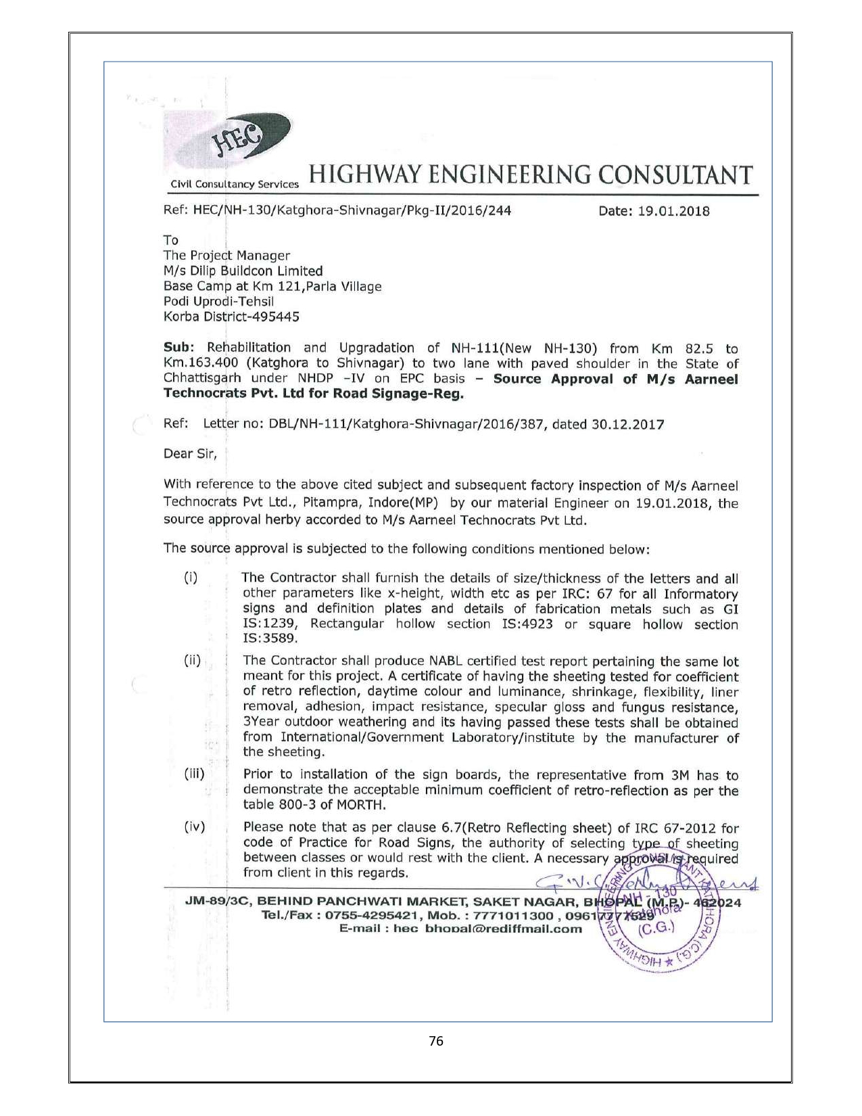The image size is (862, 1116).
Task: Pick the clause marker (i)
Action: (x=191, y=578)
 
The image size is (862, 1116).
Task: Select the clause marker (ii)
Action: (x=193, y=661)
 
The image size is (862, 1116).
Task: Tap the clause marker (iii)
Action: (x=194, y=774)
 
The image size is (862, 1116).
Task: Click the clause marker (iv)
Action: (x=194, y=827)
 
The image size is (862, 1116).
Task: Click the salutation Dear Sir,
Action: (x=191, y=454)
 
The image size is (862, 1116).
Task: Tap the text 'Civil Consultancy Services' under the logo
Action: (x=235, y=185)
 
